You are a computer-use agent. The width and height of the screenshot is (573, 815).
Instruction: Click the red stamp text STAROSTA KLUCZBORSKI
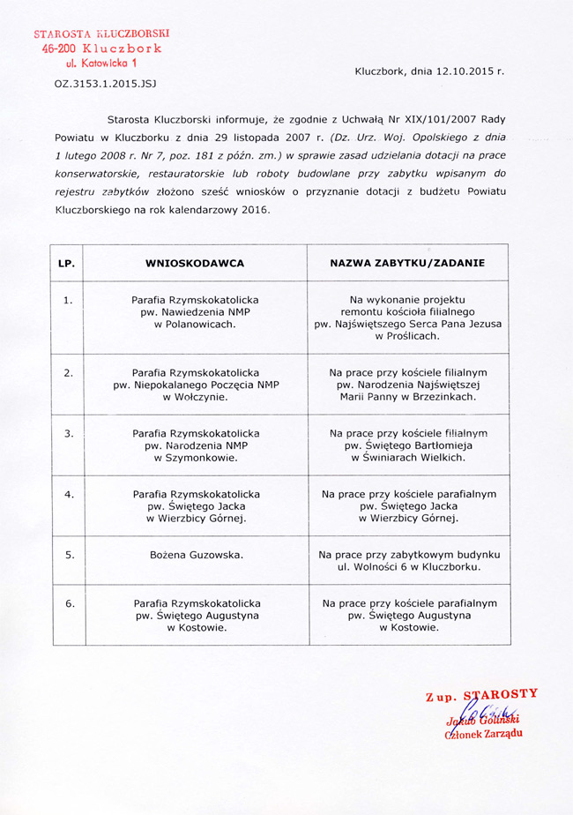tap(101, 34)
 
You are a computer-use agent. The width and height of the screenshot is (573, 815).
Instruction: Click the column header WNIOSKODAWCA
tap(195, 263)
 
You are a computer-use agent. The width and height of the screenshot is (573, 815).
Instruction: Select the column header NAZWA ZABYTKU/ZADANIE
tap(407, 263)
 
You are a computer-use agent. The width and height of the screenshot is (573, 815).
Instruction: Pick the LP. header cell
tap(66, 263)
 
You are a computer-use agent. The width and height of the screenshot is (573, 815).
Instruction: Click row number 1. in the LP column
tap(69, 300)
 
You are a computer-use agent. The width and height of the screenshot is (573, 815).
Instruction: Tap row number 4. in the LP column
tap(69, 494)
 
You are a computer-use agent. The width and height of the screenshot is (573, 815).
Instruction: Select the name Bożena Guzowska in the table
tap(196, 555)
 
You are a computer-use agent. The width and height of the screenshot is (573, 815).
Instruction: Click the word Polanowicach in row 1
tap(203, 325)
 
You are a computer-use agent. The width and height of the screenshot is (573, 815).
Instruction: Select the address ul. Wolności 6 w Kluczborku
tap(407, 567)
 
